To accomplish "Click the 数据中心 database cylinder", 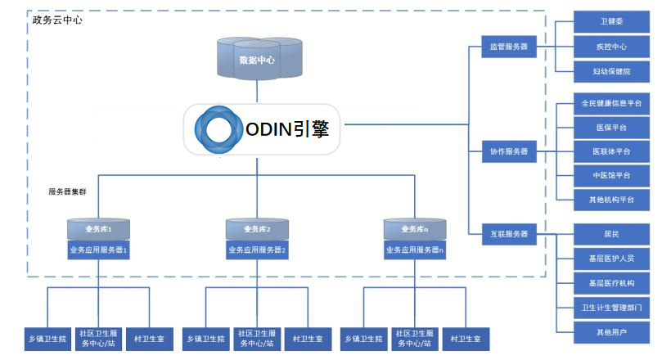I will coord(256,59).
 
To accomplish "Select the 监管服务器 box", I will coord(508,47).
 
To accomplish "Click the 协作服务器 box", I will coord(508,151).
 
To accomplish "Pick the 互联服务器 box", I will coord(508,235).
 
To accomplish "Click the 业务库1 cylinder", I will coord(98,229).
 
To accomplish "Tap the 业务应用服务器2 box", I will coord(257,250).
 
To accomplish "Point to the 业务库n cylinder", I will coord(415,229).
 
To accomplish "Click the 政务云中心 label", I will coord(56,20).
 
